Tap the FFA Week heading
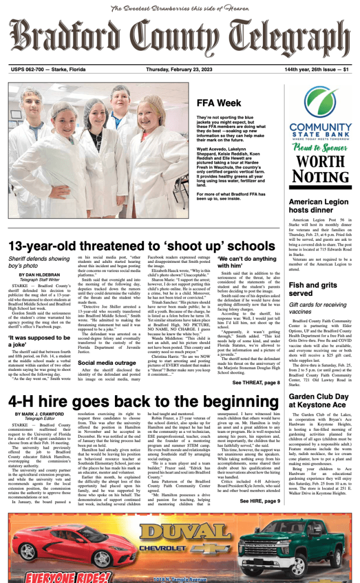219,103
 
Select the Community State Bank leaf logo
321,103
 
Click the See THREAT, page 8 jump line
256,382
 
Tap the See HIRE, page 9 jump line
260,501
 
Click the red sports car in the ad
59,545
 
